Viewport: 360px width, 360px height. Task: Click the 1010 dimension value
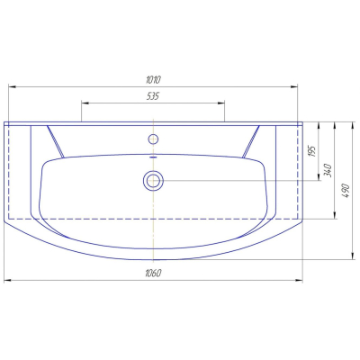[x=154, y=80]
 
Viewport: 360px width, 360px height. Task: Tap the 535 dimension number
[x=153, y=96]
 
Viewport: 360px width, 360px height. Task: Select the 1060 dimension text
[x=153, y=273]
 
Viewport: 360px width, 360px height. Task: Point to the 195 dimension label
[x=311, y=151]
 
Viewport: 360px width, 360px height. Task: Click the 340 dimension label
[x=328, y=170]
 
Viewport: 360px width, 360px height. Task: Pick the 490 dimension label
[x=346, y=191]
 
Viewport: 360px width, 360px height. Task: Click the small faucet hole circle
[x=153, y=139]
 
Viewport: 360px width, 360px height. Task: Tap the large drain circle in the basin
[x=153, y=181]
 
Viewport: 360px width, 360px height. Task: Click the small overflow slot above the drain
[x=153, y=157]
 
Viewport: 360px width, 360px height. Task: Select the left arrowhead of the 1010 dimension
[x=12, y=86]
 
